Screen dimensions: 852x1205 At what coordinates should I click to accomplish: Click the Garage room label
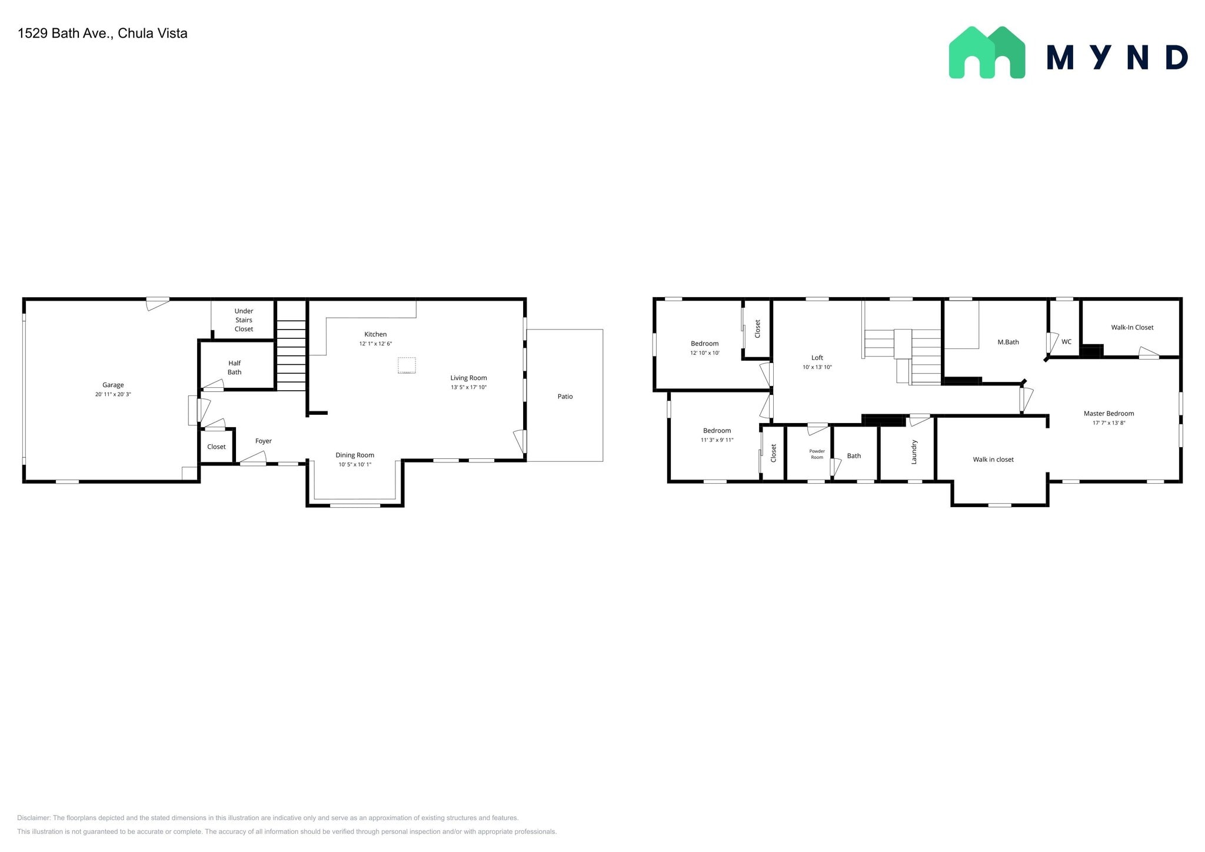click(x=113, y=385)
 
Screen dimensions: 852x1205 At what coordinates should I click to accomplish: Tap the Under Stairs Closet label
click(x=244, y=320)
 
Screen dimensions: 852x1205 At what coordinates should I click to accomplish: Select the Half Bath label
click(x=234, y=368)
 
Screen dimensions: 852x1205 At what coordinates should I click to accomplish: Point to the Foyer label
click(x=263, y=441)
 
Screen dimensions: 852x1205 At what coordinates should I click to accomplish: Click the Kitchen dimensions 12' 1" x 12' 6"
click(x=375, y=344)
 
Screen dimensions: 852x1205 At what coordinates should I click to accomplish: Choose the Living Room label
click(x=468, y=378)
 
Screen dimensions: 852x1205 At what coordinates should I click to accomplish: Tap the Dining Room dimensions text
click(x=355, y=465)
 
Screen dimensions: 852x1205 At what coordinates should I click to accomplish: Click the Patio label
click(x=565, y=397)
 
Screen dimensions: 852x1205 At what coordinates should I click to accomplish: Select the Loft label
click(x=817, y=358)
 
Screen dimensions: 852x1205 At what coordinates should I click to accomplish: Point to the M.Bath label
click(x=1008, y=342)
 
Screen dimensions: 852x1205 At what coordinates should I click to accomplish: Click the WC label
click(x=1066, y=342)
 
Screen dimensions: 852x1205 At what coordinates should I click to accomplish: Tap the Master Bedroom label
click(x=1109, y=414)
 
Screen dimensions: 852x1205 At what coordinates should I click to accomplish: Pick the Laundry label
click(x=914, y=452)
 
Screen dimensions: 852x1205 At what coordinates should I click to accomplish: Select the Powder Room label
click(x=817, y=454)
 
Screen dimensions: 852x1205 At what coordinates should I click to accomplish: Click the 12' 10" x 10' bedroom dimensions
click(x=704, y=353)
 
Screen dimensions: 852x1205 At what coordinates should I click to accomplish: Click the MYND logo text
click(x=1117, y=58)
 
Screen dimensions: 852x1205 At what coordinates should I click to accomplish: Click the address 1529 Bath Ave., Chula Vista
click(x=102, y=34)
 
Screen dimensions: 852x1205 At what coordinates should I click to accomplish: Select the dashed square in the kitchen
click(x=407, y=365)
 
